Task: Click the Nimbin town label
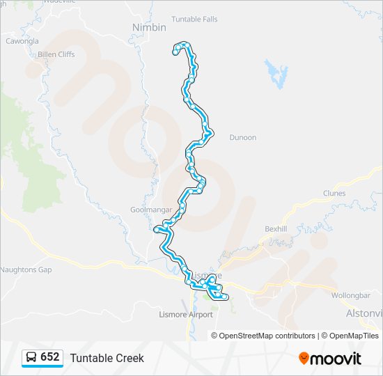click(x=149, y=27)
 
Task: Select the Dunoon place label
click(x=242, y=138)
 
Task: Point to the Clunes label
click(x=334, y=194)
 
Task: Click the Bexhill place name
click(x=276, y=228)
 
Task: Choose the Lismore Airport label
click(x=186, y=315)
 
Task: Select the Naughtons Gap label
click(x=26, y=269)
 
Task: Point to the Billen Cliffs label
click(x=56, y=54)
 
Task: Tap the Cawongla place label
click(x=22, y=41)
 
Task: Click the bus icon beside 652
click(x=31, y=357)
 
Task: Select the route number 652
click(x=50, y=357)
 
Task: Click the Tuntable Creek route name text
click(x=107, y=358)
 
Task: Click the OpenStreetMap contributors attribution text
click(x=267, y=336)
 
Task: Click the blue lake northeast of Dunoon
click(x=276, y=72)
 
